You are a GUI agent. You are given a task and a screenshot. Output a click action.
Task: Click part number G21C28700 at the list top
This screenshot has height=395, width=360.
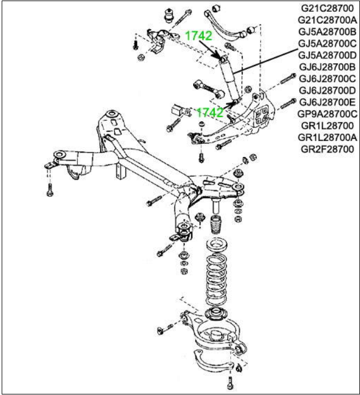[x=328, y=8]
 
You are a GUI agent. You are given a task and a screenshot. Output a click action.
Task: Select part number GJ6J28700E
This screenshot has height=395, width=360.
[x=328, y=102]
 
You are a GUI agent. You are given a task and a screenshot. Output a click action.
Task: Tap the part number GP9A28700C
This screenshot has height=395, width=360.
[x=328, y=114]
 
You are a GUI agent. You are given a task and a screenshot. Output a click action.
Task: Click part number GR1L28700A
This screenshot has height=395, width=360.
[x=328, y=138]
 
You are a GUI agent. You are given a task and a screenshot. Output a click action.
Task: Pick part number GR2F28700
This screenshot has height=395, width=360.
[x=328, y=149]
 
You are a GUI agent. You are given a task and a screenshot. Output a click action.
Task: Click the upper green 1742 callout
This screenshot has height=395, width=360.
[x=199, y=36]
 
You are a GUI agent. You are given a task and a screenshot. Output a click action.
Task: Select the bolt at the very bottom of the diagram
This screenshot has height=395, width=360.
[x=230, y=385]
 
